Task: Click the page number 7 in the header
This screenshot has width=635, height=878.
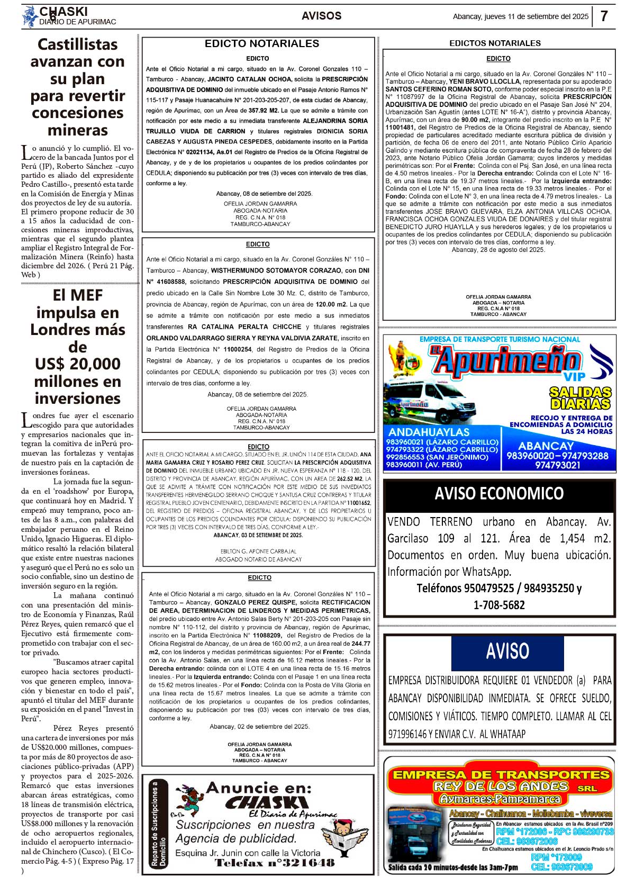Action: pos(604,16)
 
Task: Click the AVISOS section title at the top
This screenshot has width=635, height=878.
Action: pos(321,16)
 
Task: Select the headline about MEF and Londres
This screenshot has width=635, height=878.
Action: pos(77,346)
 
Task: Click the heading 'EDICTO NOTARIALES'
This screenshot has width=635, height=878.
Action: pos(262,43)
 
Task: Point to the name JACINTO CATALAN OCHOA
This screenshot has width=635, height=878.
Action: pos(249,79)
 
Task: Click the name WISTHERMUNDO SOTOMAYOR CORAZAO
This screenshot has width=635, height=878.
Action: pos(276,270)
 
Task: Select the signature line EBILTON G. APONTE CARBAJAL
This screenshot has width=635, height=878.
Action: pos(259,551)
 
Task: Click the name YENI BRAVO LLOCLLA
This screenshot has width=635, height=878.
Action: pos(485,82)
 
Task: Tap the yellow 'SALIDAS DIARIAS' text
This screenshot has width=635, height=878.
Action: pos(580,398)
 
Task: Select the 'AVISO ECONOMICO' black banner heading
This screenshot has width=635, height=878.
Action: pos(499,493)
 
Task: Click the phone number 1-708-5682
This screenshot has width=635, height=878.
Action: pos(499,605)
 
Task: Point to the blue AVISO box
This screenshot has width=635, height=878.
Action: pos(507,651)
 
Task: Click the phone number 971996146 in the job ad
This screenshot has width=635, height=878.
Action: pos(407,734)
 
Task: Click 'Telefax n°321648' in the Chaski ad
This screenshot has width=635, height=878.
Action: pos(274,863)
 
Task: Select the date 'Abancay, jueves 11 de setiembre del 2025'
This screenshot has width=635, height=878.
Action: pos(520,16)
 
